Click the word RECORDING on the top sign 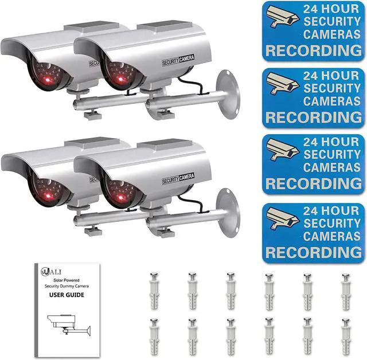coord(314,51)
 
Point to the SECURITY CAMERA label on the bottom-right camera coord(178,179)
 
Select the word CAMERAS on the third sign coord(332,167)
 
